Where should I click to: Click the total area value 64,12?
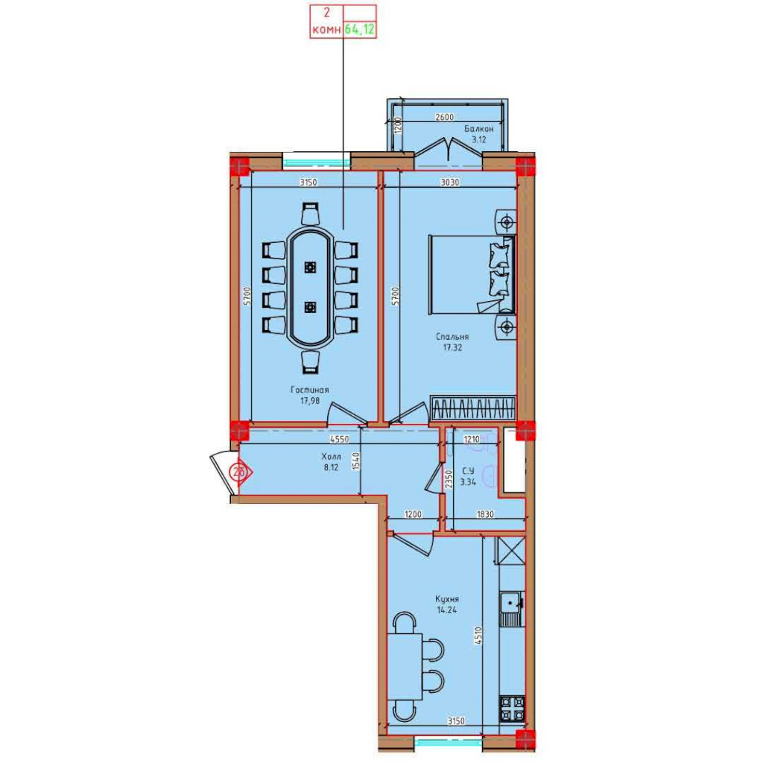click(360, 29)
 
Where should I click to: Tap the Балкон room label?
click(479, 129)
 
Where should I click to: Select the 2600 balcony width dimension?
click(444, 117)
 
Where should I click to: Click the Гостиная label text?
click(309, 390)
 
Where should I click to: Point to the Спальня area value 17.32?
click(452, 347)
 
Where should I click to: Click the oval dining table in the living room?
click(310, 287)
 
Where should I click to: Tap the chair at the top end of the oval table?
click(310, 213)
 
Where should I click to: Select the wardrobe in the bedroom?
click(473, 408)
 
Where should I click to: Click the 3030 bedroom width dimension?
click(449, 183)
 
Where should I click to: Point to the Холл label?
click(331, 457)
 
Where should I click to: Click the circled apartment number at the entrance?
click(238, 472)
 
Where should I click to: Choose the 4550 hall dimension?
click(339, 439)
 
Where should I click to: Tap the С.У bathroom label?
click(468, 471)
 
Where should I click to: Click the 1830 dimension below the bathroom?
click(485, 514)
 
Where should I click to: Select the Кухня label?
click(447, 599)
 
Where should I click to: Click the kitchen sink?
click(511, 609)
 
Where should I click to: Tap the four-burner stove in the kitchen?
click(513, 709)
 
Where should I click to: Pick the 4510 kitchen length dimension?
click(478, 636)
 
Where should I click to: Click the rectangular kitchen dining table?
click(405, 667)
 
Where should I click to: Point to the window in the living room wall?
click(316, 162)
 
